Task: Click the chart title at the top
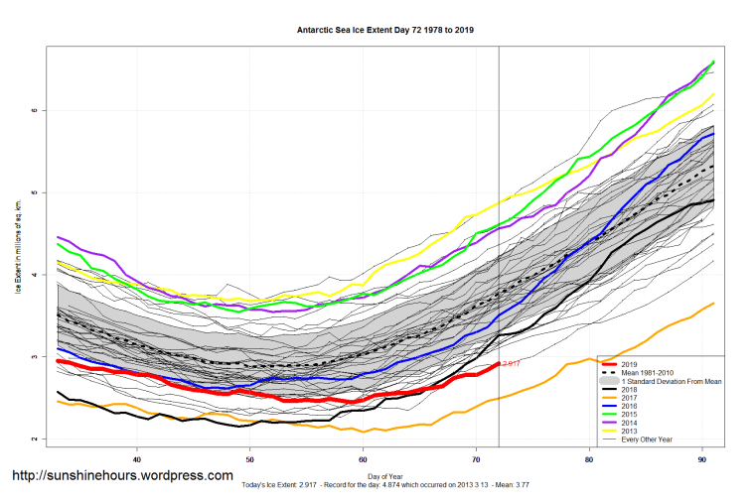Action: [x=385, y=30]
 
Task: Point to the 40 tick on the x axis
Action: [x=137, y=459]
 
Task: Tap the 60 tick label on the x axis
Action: [x=364, y=459]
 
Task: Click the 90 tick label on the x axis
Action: [x=702, y=459]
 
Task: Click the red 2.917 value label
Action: [x=512, y=365]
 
